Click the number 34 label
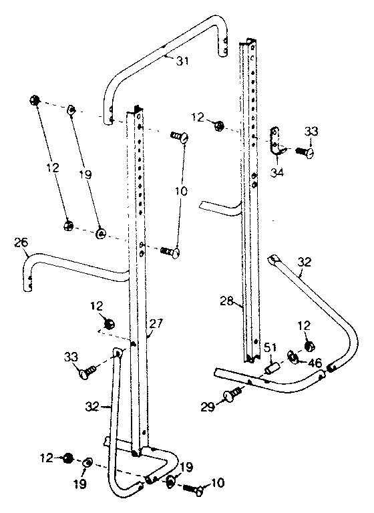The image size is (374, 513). [276, 174]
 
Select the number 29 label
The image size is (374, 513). [208, 405]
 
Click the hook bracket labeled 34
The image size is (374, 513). [276, 142]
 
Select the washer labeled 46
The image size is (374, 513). [293, 357]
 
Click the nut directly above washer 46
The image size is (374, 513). [309, 346]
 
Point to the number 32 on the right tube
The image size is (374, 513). [304, 263]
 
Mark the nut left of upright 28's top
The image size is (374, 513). [218, 125]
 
